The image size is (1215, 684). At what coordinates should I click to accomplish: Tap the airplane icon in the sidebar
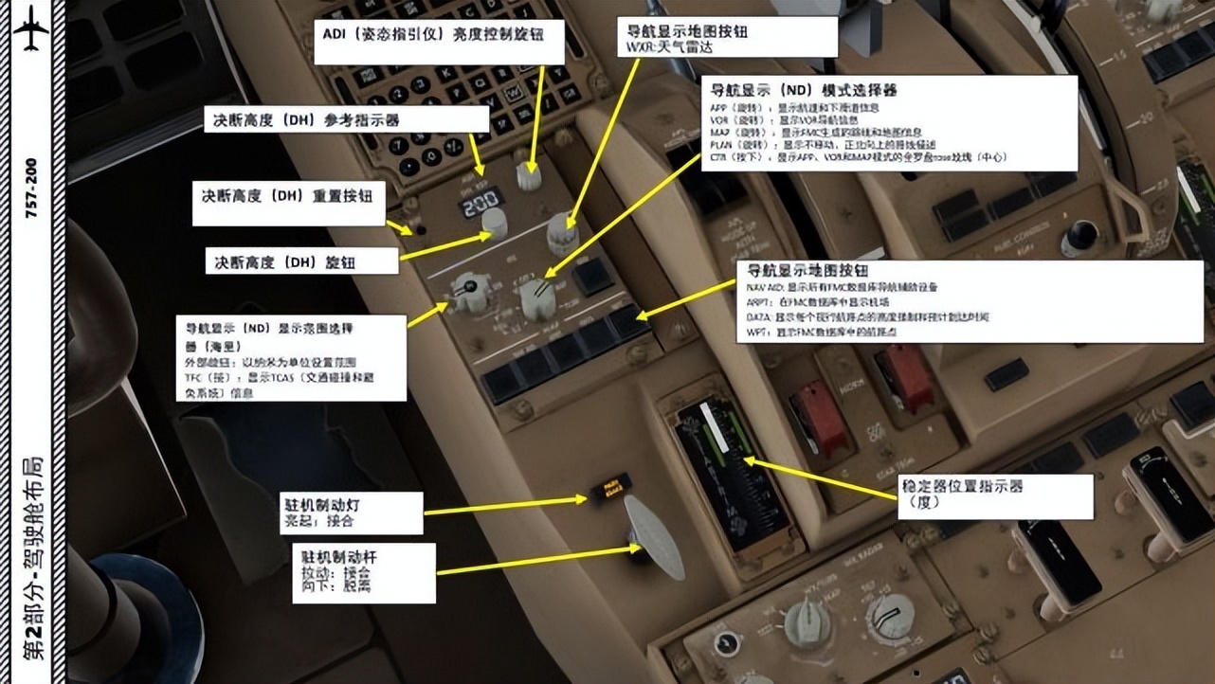click(x=31, y=31)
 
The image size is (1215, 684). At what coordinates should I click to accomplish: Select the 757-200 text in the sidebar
click(x=31, y=189)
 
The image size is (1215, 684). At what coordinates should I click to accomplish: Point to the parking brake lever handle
click(x=653, y=536)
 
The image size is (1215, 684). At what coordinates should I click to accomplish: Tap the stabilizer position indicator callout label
click(x=994, y=494)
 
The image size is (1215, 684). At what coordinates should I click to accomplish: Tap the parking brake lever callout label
click(x=366, y=571)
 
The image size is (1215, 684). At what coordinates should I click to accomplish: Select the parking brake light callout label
click(x=352, y=513)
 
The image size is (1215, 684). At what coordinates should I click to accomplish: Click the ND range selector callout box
click(x=290, y=358)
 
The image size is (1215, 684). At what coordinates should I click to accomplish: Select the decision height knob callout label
click(x=302, y=261)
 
